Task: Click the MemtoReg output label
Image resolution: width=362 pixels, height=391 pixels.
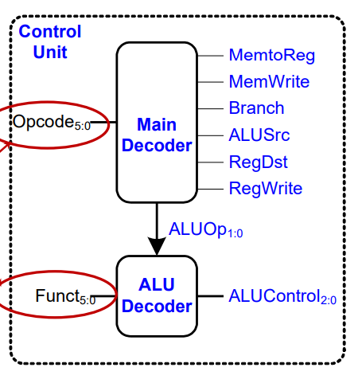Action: coord(272,56)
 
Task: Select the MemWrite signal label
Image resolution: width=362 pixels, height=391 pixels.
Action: coord(269,81)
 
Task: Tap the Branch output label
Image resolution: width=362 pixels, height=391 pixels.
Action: coord(256,108)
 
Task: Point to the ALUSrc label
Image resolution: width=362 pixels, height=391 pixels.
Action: coord(259,135)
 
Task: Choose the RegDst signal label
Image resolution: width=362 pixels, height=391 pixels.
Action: coord(259,162)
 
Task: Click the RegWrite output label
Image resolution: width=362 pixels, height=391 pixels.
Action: coord(266,189)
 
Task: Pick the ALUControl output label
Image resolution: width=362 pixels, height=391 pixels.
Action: coord(282,296)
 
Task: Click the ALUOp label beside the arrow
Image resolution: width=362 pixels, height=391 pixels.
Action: coord(206,229)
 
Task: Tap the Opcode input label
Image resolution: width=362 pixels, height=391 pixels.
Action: coord(52,122)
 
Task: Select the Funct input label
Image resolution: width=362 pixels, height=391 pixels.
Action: coord(65,296)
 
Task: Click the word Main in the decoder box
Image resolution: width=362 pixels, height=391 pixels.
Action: coord(157,124)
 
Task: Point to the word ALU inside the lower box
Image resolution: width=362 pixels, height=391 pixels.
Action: coord(157,285)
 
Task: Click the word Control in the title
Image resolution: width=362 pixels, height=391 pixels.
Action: coord(50,32)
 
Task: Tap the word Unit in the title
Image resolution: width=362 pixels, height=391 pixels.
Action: coord(50,52)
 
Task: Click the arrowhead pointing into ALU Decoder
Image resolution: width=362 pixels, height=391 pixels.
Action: coord(157,246)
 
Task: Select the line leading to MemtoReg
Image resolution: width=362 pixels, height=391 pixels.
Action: coord(210,56)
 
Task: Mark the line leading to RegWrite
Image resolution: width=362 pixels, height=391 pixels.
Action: coord(210,189)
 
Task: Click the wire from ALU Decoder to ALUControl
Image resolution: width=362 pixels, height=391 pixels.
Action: coord(211,296)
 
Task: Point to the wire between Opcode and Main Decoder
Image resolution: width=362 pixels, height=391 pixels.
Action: coord(103,122)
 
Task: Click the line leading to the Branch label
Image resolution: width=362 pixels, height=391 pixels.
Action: coord(210,108)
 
